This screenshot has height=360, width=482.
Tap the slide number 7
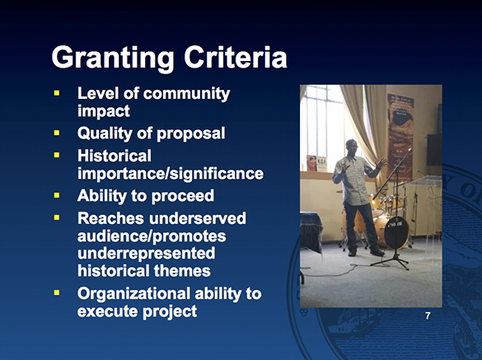tap(427, 316)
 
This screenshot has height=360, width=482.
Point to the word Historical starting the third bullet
tap(115, 154)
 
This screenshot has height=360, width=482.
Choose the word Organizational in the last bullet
tap(137, 292)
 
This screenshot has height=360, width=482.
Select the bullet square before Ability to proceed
tap(58, 196)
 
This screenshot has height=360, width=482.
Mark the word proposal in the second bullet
tap(190, 133)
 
